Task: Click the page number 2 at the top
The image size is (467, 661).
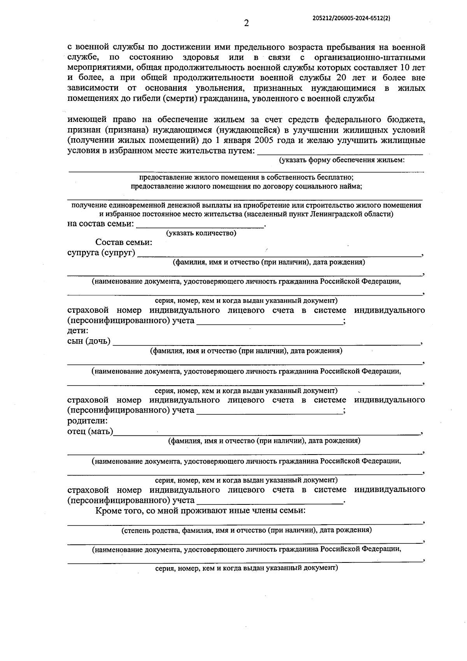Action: click(x=246, y=23)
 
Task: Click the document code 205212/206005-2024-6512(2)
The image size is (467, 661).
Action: click(x=351, y=18)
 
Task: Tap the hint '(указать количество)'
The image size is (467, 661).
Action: click(x=201, y=233)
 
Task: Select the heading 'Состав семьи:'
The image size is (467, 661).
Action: click(x=124, y=242)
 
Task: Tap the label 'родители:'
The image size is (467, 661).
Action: click(x=87, y=421)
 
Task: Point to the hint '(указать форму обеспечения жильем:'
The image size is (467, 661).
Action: click(x=342, y=160)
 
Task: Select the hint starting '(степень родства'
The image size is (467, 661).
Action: click(x=246, y=530)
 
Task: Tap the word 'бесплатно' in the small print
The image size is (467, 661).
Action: click(x=335, y=177)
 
